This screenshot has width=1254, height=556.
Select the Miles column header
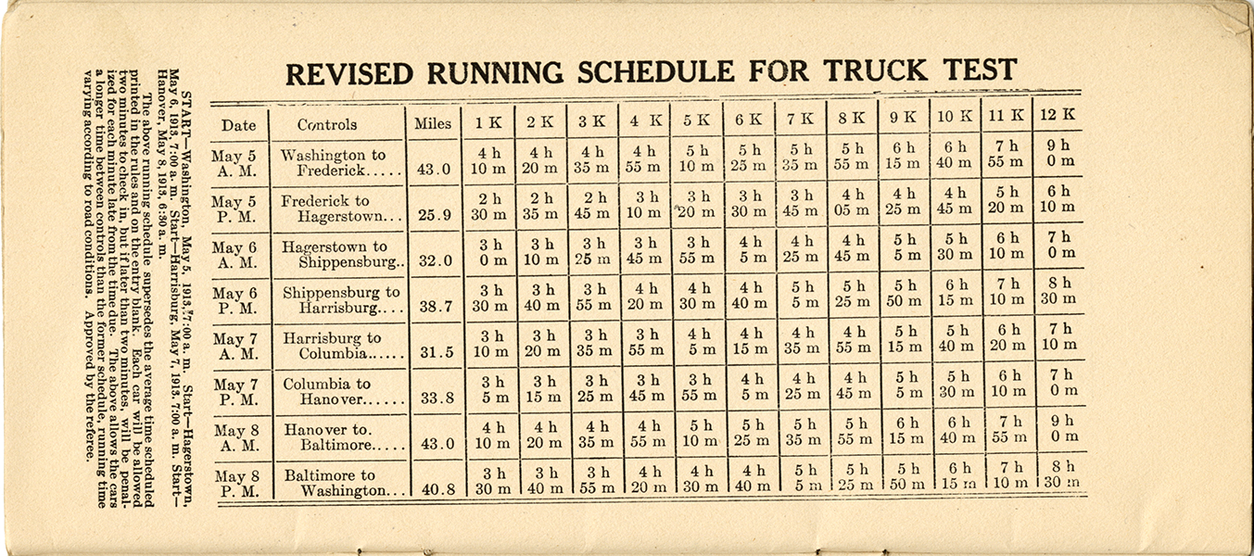(433, 124)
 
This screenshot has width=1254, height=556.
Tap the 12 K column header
(1058, 115)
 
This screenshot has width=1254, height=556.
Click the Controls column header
(327, 124)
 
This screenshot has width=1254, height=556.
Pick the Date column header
(238, 125)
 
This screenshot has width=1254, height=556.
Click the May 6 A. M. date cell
(234, 255)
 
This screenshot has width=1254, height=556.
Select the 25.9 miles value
(435, 215)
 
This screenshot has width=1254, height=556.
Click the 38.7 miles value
(436, 307)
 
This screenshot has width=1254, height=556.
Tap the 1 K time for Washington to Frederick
(488, 160)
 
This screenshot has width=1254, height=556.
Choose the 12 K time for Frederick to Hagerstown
(1058, 199)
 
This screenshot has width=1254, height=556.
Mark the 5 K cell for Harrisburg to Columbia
(698, 342)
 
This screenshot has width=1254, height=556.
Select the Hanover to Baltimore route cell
(344, 437)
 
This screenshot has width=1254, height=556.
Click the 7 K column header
(800, 119)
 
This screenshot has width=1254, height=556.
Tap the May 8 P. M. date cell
(236, 484)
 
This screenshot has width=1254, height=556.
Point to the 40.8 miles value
(438, 490)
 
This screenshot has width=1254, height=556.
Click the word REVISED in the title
(349, 74)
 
